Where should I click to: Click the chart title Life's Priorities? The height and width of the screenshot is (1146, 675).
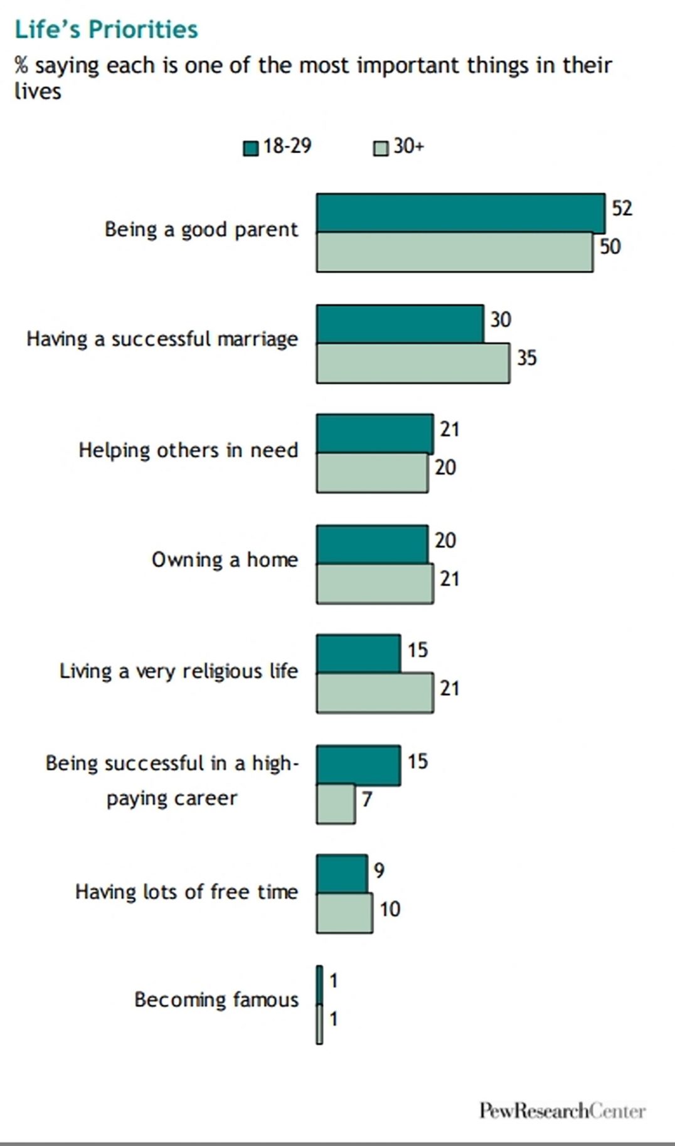tap(106, 29)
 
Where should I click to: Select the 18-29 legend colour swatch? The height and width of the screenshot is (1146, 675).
tap(251, 148)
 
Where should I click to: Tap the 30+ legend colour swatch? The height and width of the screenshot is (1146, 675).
tap(381, 148)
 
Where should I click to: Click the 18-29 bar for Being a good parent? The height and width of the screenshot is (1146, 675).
tap(460, 213)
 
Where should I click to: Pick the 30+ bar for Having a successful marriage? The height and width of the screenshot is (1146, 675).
tap(413, 363)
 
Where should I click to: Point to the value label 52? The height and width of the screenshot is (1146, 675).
tap(622, 208)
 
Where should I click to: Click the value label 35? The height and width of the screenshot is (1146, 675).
tap(526, 358)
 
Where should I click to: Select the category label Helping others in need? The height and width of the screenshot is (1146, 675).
tap(188, 450)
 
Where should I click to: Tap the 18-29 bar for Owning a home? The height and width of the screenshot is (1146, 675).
tap(372, 544)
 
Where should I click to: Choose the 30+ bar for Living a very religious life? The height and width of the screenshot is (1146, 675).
tap(375, 693)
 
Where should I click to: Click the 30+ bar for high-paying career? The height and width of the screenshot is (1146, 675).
tap(336, 804)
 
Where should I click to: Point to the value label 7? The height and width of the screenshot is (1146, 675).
tap(367, 799)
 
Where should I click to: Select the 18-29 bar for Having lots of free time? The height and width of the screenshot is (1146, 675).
tap(342, 874)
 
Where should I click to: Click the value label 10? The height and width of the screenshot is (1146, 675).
tap(390, 909)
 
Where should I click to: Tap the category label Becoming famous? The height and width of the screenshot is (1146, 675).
tap(216, 999)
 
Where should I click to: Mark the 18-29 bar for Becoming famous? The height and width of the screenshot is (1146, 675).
tap(320, 985)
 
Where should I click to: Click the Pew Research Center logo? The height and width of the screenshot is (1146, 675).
tap(562, 1110)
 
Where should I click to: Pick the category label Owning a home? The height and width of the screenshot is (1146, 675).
tap(225, 560)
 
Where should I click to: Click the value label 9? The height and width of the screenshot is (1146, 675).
tap(379, 870)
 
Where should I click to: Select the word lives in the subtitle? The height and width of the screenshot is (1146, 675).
tap(38, 92)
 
